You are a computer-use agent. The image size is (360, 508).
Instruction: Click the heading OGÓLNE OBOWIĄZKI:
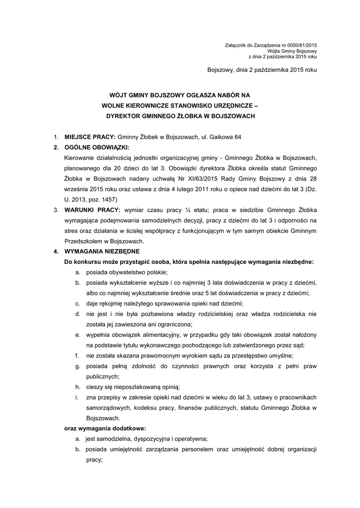point(96,147)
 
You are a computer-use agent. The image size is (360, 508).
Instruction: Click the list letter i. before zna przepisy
point(77,397)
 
